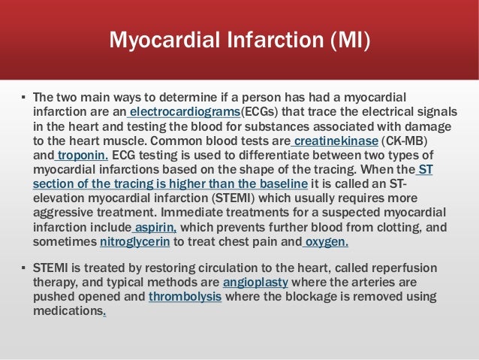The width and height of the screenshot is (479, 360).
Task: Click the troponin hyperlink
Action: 83,155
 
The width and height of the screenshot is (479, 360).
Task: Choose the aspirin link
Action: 156,227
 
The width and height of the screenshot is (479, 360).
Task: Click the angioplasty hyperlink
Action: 255,282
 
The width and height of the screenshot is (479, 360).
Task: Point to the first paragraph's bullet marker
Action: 23,98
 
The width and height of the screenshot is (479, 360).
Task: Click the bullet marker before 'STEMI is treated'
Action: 23,268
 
